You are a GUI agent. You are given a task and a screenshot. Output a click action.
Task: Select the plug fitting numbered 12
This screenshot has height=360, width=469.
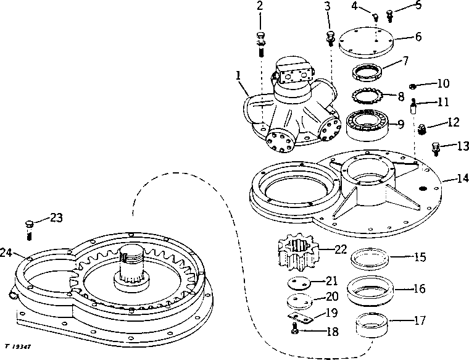pyautogui.click(x=423, y=130)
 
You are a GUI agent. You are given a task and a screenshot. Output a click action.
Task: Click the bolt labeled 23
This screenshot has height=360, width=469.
pyautogui.click(x=28, y=228)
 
